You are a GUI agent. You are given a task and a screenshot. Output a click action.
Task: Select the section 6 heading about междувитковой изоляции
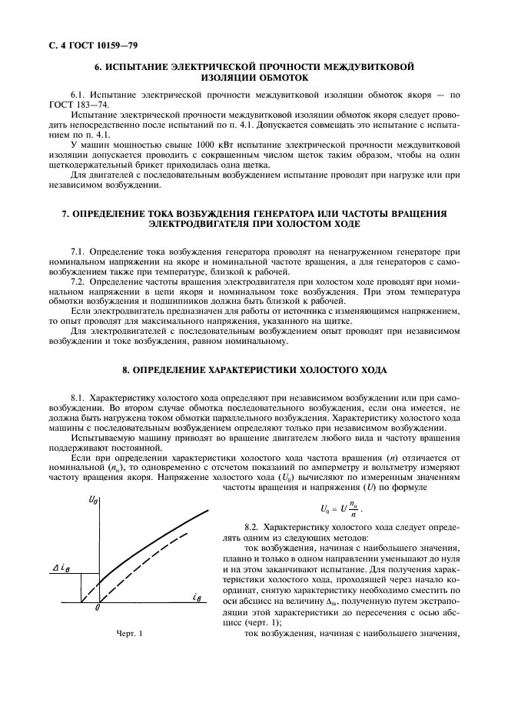(254, 72)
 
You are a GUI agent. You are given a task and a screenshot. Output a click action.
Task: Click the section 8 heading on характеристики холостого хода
(254, 370)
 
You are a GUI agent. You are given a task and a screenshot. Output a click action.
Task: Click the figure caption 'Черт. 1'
(129, 633)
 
